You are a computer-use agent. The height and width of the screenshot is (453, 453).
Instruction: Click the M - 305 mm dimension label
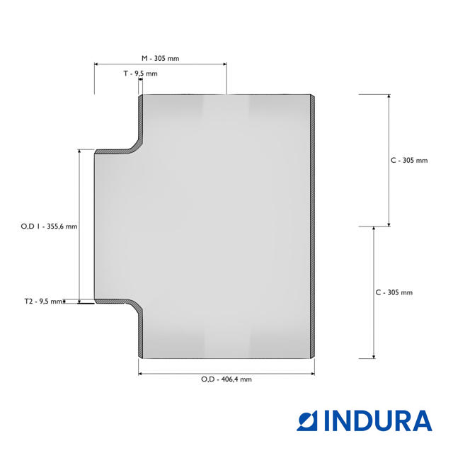[x=161, y=58]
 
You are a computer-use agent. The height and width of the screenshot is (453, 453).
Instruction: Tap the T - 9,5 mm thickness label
[x=141, y=74]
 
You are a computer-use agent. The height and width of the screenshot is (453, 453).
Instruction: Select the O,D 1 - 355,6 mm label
[x=49, y=226]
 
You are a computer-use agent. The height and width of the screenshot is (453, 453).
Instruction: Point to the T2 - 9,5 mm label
[x=44, y=302]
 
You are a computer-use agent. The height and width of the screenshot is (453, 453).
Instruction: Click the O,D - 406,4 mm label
[x=226, y=379]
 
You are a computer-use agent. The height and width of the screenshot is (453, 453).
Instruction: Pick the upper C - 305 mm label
[x=409, y=161]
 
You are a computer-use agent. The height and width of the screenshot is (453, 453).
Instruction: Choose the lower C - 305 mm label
[x=394, y=292]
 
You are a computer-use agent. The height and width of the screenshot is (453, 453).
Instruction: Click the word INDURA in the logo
[x=378, y=421]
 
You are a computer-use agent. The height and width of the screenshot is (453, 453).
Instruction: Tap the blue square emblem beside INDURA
[x=307, y=421]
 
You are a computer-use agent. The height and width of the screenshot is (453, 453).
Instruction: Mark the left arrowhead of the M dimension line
[x=96, y=64]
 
